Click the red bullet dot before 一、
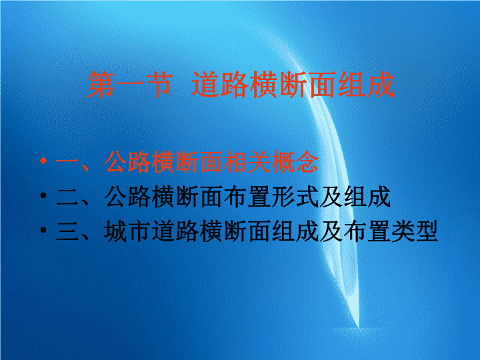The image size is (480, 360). [x=43, y=161]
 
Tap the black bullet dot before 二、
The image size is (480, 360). [x=43, y=195]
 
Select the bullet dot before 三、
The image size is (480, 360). [x=43, y=230]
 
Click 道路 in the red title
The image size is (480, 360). [x=220, y=85]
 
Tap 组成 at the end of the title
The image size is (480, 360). [x=366, y=85]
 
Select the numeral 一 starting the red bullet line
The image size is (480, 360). [x=67, y=162]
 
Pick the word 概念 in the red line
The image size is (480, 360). [x=295, y=162]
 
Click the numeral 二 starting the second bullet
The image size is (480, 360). [x=67, y=197]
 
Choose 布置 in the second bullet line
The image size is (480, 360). [x=247, y=197]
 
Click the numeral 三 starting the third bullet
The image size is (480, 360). [x=67, y=231]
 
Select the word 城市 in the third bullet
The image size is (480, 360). [x=127, y=231]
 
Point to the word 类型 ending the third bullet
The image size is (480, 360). [x=415, y=231]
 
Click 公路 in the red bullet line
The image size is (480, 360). [x=127, y=162]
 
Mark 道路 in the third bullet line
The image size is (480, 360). [x=175, y=231]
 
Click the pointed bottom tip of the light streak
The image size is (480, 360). [x=359, y=327]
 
